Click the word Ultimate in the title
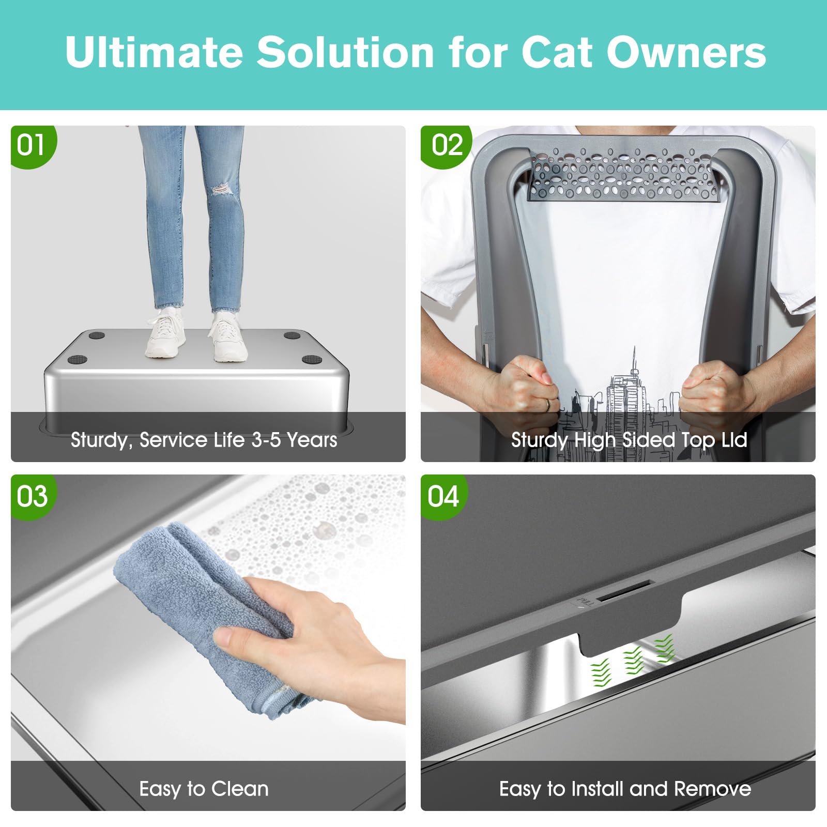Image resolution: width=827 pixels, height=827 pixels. [154, 52]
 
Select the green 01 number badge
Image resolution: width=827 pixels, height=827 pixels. [31, 145]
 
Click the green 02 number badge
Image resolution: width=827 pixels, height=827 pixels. [447, 145]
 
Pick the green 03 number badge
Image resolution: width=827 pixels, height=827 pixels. [32, 496]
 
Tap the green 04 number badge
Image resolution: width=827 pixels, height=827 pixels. [443, 496]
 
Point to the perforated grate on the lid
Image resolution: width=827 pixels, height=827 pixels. [623, 174]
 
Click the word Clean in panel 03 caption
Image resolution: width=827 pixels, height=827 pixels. [240, 789]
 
